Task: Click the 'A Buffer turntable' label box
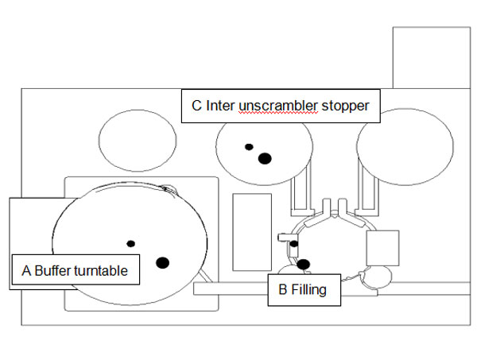[x=76, y=271]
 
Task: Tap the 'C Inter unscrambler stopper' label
[x=281, y=105]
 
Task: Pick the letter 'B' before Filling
[x=282, y=290]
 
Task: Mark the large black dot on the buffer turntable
[x=163, y=262]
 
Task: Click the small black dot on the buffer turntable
[x=131, y=243]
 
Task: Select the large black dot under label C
[x=265, y=158]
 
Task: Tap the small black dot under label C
[x=249, y=147]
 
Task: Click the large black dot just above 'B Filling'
[x=303, y=264]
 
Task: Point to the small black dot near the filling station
[x=294, y=244]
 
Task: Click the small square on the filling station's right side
[x=382, y=247]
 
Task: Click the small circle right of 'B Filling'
[x=378, y=277]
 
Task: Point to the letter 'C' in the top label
[x=196, y=105]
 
